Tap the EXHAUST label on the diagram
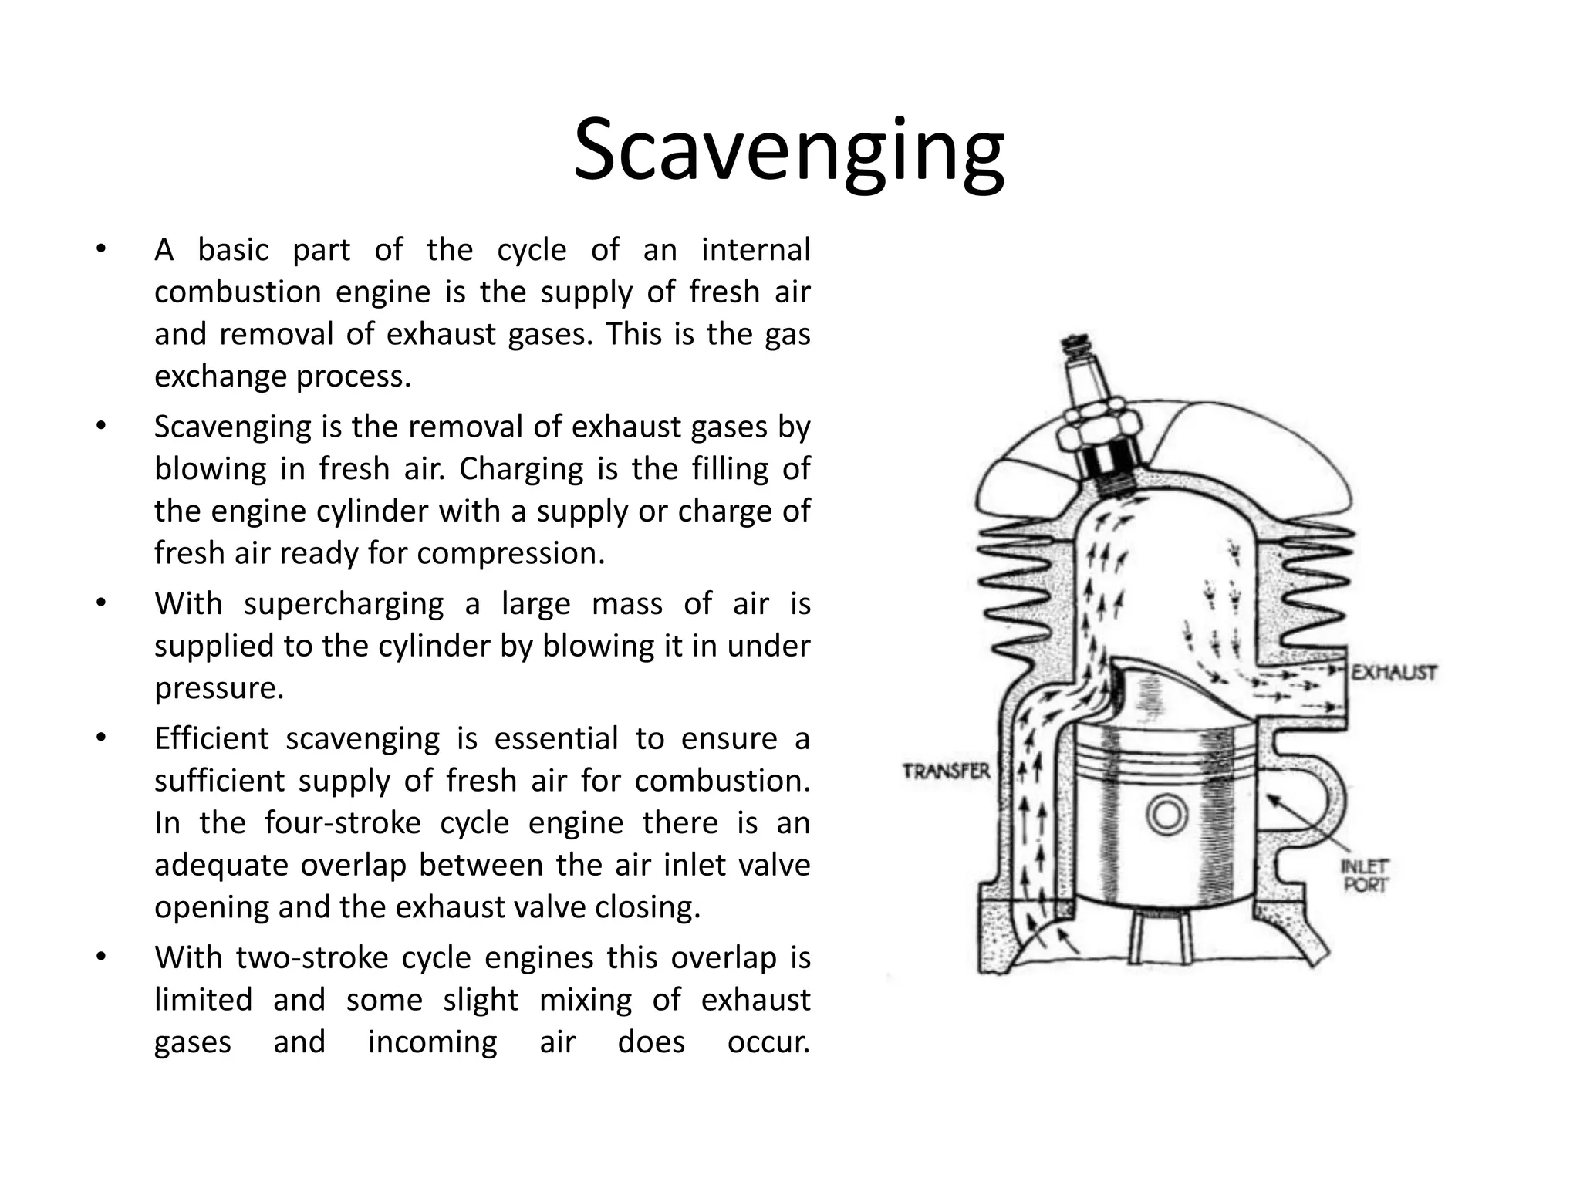[x=1393, y=673]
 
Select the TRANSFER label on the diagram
[x=946, y=771]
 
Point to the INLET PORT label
[x=1365, y=876]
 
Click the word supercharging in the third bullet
[x=343, y=603]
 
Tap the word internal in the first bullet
[x=755, y=250]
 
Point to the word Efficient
[x=211, y=738]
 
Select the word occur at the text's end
[x=768, y=1042]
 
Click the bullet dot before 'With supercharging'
[x=100, y=603]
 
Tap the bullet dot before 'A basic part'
[x=100, y=249]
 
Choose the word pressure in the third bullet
[x=219, y=687]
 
